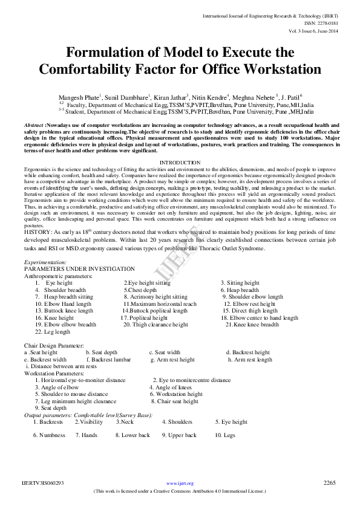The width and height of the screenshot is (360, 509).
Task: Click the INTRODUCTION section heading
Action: tap(180, 163)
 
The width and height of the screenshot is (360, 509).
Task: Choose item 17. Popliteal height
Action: tap(144, 318)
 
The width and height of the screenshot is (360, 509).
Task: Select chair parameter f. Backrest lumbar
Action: tap(111, 360)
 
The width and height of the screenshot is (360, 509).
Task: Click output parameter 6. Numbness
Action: tap(49, 435)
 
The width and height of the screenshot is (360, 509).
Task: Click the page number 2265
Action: tap(330, 483)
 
